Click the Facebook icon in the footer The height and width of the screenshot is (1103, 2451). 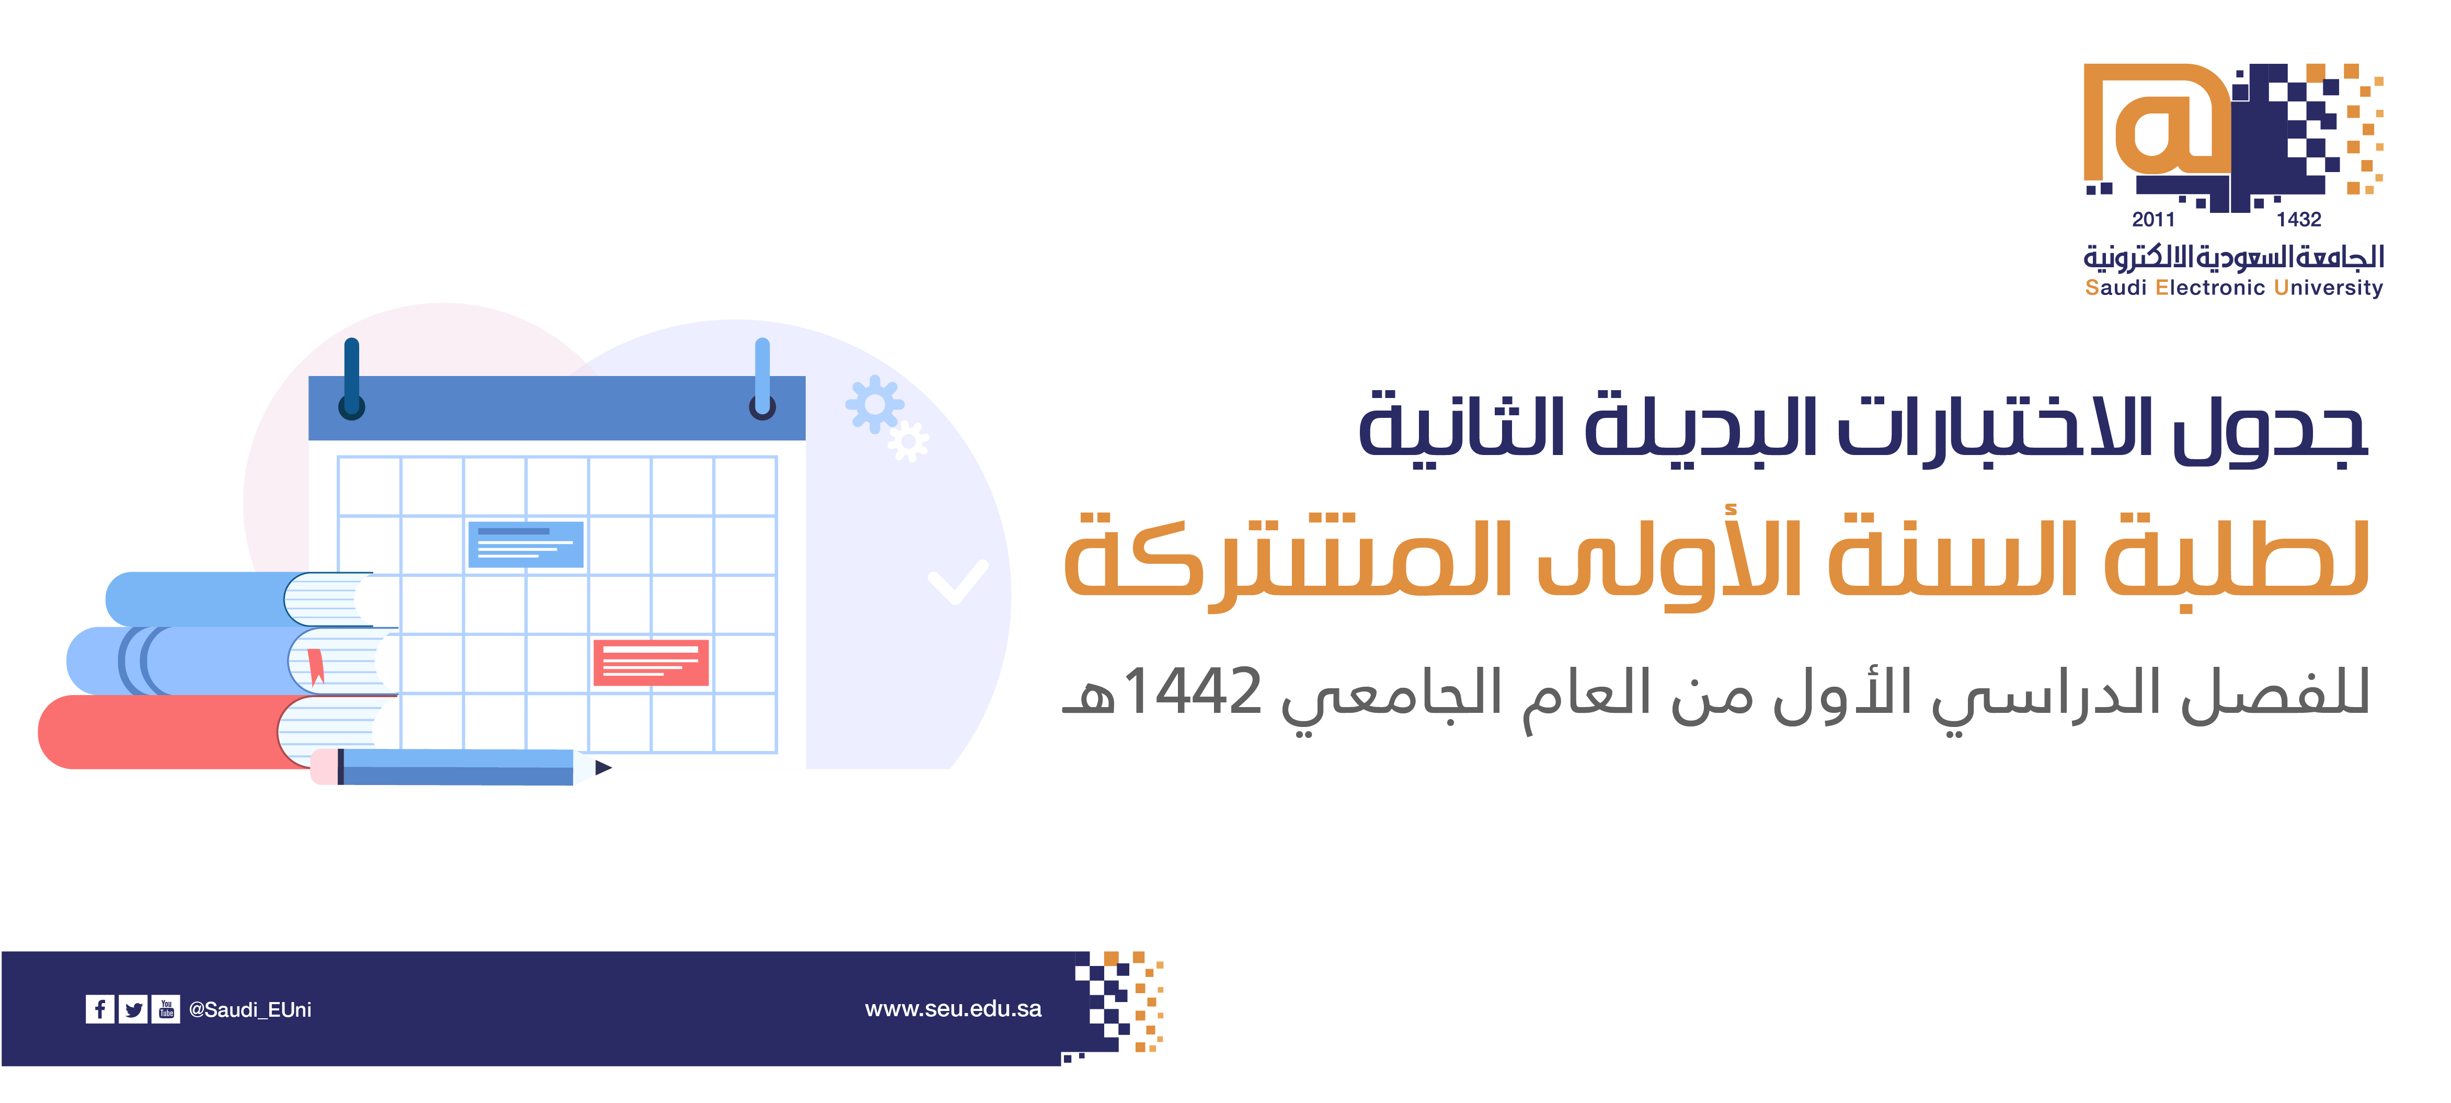[x=100, y=1009]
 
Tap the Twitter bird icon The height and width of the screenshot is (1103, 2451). [x=133, y=1009]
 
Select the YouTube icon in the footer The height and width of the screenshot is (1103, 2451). [x=166, y=1009]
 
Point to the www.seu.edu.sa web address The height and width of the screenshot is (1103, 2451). [x=954, y=1009]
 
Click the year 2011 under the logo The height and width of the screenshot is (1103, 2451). [x=2153, y=220]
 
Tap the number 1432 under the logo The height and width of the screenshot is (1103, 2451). [x=2299, y=220]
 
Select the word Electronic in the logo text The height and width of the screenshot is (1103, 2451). [x=2211, y=288]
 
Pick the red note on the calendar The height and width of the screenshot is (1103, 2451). [x=651, y=662]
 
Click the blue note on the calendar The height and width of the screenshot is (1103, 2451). [x=525, y=544]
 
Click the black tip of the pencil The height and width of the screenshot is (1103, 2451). [x=603, y=767]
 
